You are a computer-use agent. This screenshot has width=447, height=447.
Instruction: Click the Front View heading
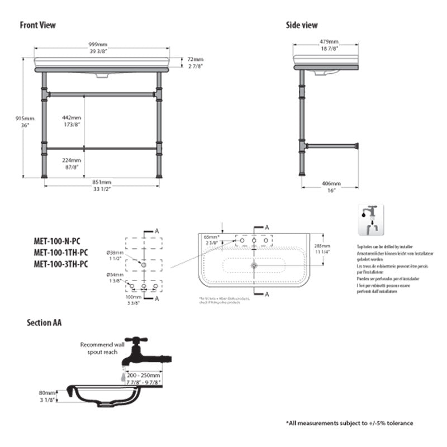pos(38,25)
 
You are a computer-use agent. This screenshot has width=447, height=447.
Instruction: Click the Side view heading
pos(302,25)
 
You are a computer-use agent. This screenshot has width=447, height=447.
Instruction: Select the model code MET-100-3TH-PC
pos(61,264)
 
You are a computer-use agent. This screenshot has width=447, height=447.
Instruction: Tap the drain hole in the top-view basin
pos(254,265)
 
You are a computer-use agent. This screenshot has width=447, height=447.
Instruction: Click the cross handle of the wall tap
pos(135,340)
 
